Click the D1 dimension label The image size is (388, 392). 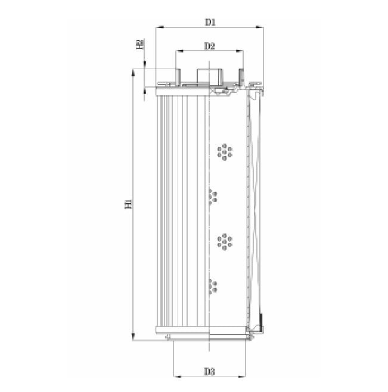click(209, 22)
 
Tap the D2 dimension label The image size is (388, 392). click(209, 46)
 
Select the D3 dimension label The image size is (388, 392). click(209, 371)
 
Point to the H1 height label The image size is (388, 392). click(128, 204)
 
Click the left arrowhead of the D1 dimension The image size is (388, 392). click(157, 27)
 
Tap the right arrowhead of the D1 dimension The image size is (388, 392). click(261, 27)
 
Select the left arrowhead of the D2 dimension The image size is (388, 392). click(178, 52)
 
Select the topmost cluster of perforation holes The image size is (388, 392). click(225, 151)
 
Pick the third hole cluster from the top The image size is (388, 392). click(225, 241)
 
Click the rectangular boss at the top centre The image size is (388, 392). click(209, 76)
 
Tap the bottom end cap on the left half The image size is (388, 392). click(182, 330)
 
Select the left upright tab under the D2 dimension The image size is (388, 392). click(178, 76)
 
